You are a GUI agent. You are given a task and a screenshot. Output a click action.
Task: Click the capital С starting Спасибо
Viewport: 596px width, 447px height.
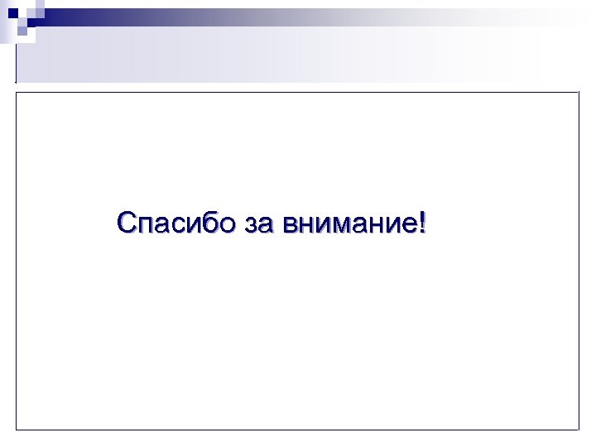coord(127,223)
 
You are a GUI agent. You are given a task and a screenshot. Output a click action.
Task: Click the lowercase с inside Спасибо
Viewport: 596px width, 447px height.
coord(180,225)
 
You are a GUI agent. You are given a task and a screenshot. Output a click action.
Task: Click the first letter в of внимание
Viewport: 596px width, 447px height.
coord(288,225)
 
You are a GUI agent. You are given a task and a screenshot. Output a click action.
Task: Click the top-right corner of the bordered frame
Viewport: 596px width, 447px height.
coord(578,92)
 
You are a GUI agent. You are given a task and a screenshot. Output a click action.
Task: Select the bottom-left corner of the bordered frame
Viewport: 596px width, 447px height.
coord(17,429)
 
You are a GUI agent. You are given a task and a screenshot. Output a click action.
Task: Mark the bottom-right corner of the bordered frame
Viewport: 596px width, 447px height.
coord(578,429)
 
